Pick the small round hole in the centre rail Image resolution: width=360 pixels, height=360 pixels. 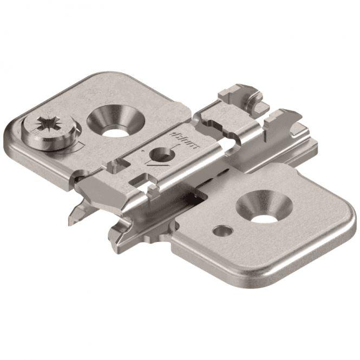[x=161, y=153]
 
